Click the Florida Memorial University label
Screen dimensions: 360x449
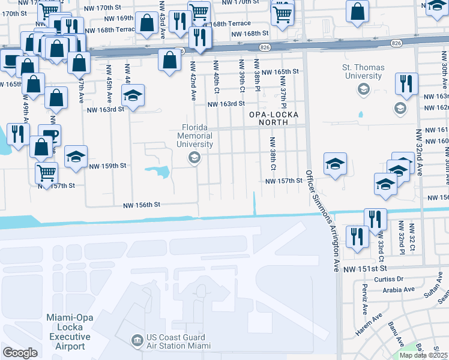(x=199, y=136)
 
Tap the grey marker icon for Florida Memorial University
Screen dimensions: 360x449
(x=194, y=158)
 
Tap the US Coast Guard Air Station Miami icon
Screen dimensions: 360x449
(x=138, y=341)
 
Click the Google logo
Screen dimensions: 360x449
(x=20, y=352)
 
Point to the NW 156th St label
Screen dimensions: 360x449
(x=142, y=205)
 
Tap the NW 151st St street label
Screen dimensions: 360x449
(x=364, y=269)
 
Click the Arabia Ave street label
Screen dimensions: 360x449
(x=400, y=289)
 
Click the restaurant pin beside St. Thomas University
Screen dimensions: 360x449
(x=407, y=84)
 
